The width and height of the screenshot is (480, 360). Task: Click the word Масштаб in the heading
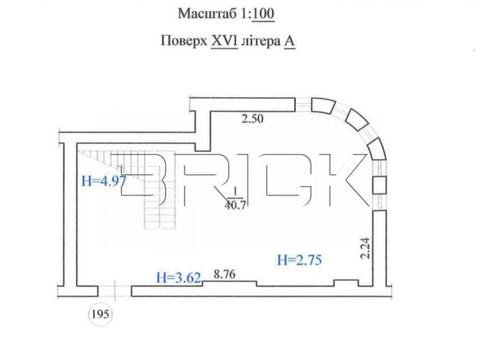[207, 14]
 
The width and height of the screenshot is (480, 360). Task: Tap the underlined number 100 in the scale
[263, 14]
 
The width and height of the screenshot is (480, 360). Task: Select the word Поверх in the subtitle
[184, 41]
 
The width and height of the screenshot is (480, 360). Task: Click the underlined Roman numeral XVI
[224, 41]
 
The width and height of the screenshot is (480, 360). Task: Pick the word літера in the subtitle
[261, 41]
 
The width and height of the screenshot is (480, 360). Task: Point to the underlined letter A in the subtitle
[289, 41]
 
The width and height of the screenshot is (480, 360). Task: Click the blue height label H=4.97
[104, 181]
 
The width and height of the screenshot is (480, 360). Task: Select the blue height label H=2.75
[299, 260]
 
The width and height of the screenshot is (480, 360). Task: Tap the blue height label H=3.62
[179, 277]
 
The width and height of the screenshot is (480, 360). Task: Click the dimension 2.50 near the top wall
[252, 119]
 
